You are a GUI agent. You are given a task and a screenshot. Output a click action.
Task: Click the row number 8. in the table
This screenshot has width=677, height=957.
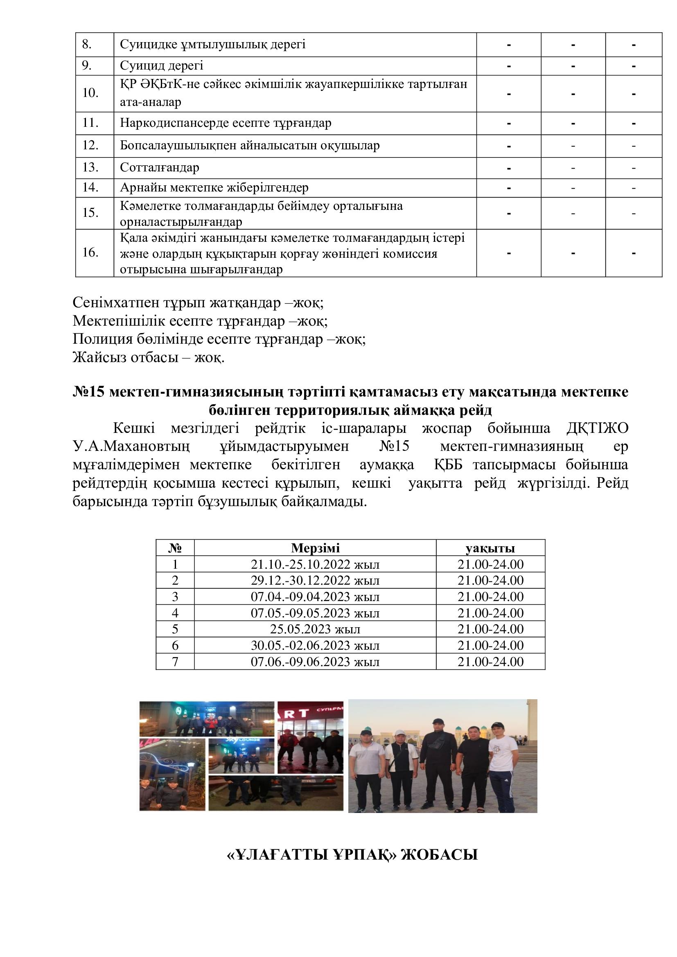pos(87,45)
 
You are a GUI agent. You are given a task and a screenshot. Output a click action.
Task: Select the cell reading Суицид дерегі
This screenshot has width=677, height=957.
pos(161,66)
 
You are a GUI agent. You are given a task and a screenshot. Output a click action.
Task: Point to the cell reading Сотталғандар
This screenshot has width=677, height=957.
pos(159,168)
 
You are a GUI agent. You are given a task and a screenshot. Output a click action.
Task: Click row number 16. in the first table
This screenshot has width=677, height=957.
pos(90,252)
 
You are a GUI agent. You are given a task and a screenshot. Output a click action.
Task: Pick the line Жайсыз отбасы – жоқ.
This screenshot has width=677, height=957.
pos(149,357)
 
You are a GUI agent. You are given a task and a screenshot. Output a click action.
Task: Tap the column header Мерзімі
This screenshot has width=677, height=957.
pos(315,548)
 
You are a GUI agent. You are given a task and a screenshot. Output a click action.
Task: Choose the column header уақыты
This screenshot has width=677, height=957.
pos(490,548)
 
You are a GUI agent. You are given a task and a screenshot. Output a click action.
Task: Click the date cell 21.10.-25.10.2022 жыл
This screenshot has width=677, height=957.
pos(315,564)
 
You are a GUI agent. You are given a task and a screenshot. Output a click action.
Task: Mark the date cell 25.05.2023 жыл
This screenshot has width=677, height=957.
pos(315,629)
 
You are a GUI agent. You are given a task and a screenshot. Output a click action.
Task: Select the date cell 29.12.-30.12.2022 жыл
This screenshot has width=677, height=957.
pos(315,581)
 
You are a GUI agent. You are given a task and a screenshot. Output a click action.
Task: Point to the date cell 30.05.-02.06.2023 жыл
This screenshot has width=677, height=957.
pos(315,645)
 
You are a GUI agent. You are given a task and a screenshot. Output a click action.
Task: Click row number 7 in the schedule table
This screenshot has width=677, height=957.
pos(175,662)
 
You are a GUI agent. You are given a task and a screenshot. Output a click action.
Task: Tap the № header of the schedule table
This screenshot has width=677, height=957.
pos(175,548)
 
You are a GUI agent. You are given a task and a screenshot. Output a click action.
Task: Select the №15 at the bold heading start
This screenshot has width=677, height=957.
pos(89,392)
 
